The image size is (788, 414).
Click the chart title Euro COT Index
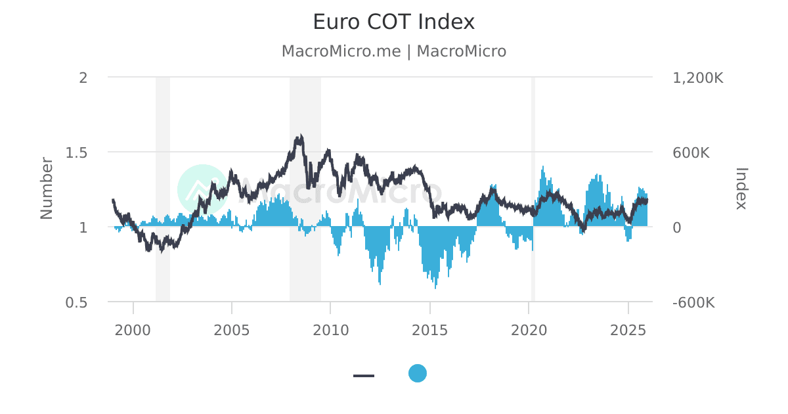[393, 22]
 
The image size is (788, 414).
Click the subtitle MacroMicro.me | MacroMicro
[393, 51]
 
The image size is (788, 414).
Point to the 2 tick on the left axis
[83, 78]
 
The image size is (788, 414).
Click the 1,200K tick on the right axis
[698, 78]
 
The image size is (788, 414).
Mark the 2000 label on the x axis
[133, 329]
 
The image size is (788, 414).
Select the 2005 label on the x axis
[232, 329]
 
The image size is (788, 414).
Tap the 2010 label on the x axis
[331, 329]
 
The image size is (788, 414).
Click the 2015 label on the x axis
[430, 329]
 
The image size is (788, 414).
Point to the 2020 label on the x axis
[529, 329]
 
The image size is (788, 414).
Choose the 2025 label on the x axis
[628, 329]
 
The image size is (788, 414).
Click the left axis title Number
[46, 188]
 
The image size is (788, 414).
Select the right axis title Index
[741, 189]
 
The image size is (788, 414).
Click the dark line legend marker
[364, 376]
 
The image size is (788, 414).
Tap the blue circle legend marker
[418, 373]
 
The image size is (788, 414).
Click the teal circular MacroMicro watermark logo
[202, 189]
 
